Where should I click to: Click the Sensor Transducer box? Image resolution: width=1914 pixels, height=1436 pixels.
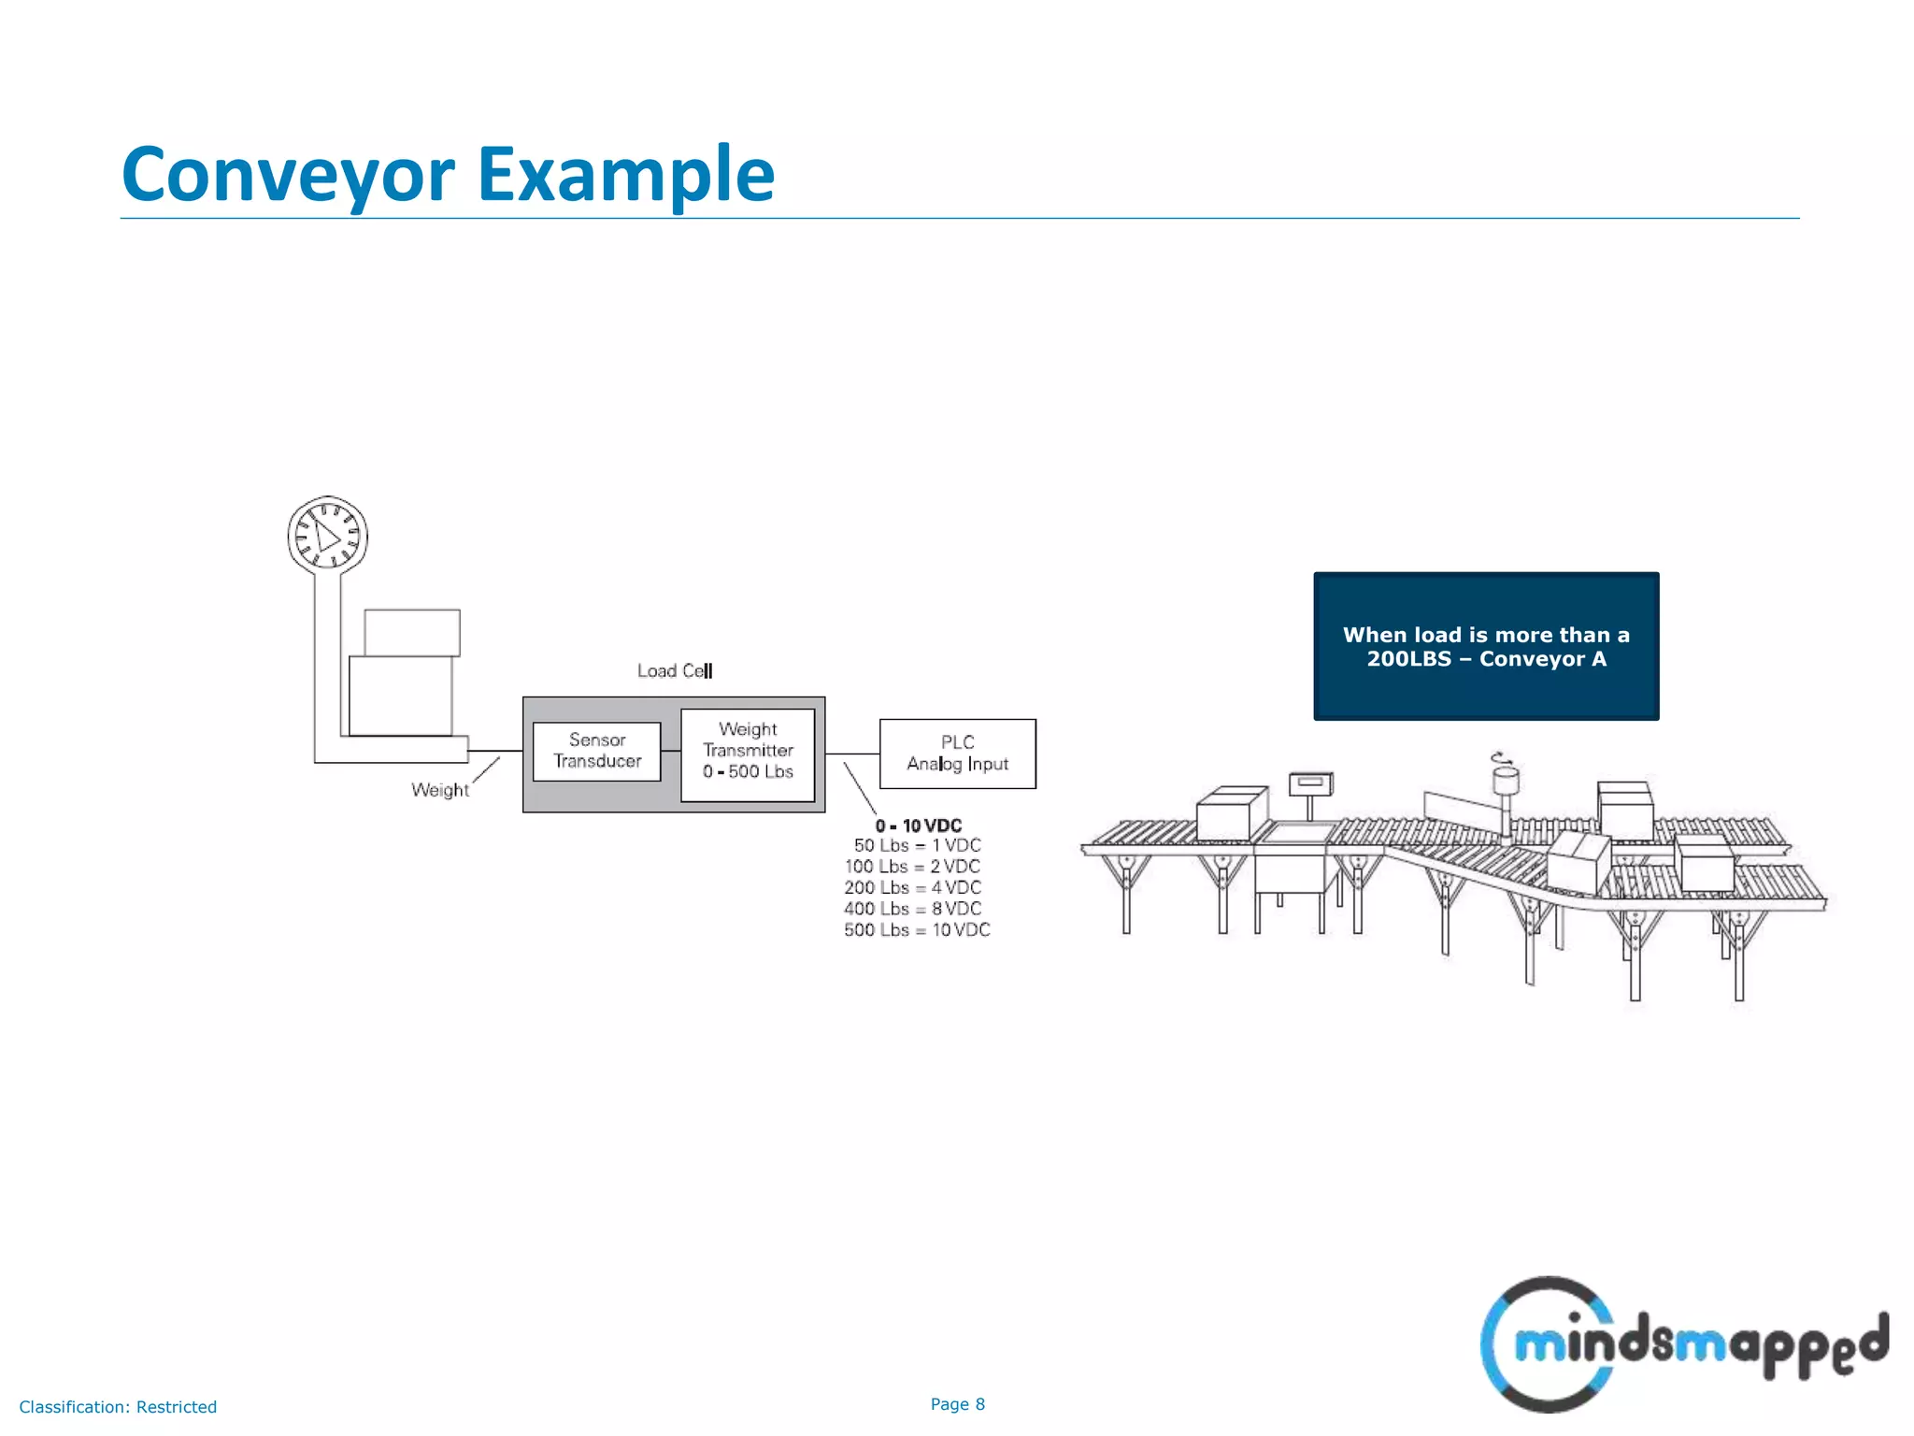pos(596,751)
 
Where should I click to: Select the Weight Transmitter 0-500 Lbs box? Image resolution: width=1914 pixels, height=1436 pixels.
pos(748,754)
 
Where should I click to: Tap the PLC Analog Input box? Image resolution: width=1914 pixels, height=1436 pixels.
pos(957,754)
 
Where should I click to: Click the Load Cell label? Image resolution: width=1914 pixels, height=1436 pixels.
pos(674,671)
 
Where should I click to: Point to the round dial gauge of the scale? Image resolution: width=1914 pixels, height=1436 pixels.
pos(327,536)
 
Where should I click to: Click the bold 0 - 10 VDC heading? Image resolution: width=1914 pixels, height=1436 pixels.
pos(918,826)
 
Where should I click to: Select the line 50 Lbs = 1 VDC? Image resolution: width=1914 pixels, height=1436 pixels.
pos(917,846)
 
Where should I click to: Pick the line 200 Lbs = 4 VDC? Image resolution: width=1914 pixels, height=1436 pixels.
pos(912,888)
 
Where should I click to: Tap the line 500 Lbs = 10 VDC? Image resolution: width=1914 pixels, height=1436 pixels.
pos(916,930)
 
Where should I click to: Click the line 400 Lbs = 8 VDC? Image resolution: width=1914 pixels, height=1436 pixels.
pos(912,909)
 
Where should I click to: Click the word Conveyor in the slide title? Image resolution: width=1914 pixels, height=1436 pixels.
pos(288,175)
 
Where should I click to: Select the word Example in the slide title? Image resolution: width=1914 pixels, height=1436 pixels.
pos(626,175)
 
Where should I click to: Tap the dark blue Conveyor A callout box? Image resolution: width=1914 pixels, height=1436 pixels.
pos(1486,646)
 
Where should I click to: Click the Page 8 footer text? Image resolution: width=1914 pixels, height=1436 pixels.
pos(957,1404)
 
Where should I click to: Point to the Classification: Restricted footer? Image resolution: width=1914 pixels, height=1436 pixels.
pos(118,1407)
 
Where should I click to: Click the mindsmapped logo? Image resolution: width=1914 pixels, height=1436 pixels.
pos(1682,1344)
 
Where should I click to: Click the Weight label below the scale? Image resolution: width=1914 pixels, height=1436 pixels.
pos(439,790)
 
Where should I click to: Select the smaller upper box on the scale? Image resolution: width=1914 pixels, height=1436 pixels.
pos(412,633)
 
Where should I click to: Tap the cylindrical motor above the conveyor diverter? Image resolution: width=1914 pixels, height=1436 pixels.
pos(1505,778)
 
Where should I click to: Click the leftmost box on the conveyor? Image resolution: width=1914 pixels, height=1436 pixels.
pos(1230,812)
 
